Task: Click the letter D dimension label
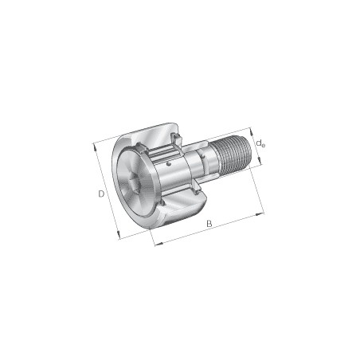pyautogui.click(x=100, y=194)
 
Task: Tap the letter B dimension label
pyautogui.click(x=209, y=224)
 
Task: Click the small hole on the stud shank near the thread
pyautogui.click(x=204, y=159)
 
